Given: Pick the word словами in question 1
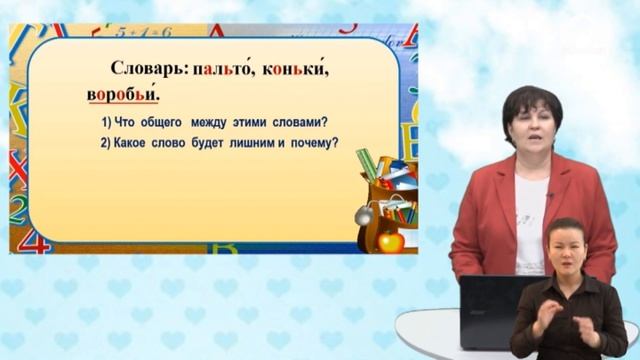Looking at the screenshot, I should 300,122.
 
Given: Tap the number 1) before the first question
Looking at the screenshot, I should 107,122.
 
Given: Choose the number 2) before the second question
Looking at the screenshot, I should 107,143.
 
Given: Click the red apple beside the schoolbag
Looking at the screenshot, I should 392,240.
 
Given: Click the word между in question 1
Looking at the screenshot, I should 223,122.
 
